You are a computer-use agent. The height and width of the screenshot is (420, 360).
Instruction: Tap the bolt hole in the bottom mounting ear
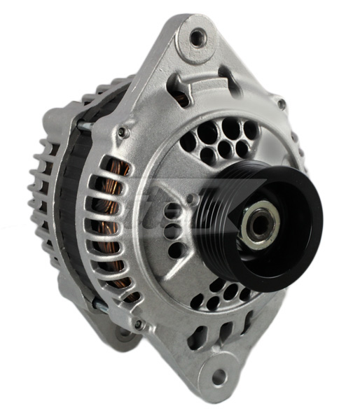[220, 377]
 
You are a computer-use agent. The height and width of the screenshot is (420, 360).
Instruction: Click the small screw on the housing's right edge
[282, 104]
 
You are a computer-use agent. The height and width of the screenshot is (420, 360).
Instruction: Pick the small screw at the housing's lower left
[139, 324]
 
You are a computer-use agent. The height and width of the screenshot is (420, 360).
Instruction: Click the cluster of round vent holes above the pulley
[217, 140]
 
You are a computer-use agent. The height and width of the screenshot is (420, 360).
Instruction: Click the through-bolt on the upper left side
[84, 125]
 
